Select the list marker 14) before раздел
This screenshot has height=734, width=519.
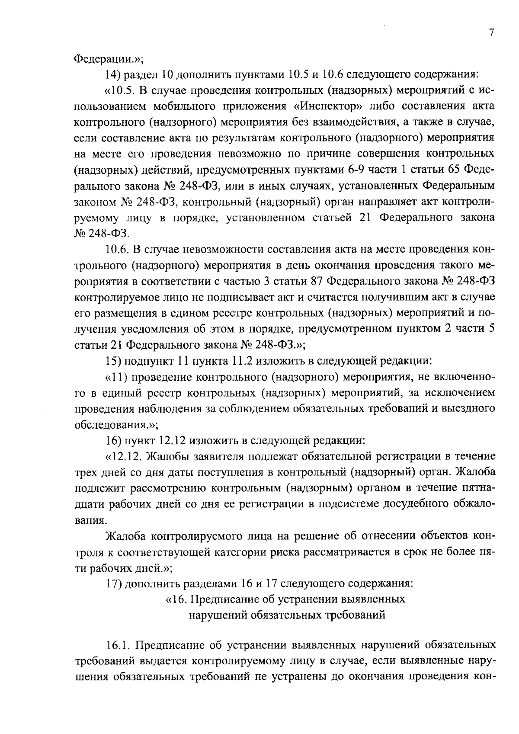click(113, 74)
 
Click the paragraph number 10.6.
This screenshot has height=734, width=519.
click(117, 250)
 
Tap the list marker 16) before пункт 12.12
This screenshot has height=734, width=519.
click(113, 441)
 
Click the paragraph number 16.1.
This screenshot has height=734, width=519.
click(118, 645)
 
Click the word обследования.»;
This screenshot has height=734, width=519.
click(116, 425)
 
